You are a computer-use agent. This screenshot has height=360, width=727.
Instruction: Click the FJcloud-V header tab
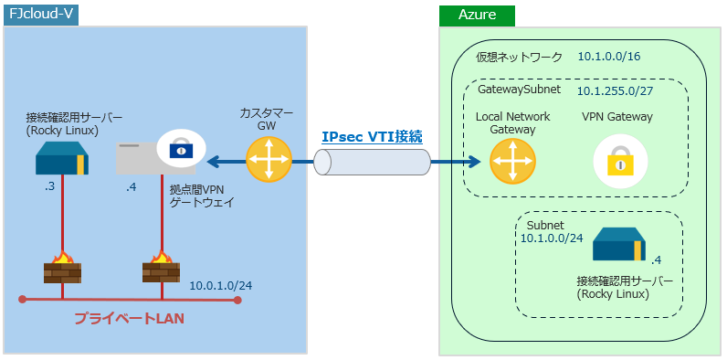40,16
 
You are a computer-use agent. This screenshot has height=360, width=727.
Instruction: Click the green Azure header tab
476,16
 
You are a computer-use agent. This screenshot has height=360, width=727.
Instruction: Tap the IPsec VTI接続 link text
372,137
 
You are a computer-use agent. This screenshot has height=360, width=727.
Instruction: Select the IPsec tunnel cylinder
372,162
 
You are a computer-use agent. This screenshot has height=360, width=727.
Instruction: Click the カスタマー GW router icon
266,161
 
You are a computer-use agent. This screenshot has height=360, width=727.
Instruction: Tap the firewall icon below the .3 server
61,270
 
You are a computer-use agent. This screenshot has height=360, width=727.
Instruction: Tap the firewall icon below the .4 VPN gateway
161,270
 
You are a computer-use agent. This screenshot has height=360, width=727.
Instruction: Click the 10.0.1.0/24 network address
221,285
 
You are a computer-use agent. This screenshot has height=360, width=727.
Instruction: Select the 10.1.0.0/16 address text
609,57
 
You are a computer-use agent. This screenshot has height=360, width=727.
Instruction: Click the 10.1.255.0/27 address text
615,91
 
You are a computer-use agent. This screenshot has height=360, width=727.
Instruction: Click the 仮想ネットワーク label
519,57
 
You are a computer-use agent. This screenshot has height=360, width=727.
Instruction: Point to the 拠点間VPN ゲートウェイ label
203,196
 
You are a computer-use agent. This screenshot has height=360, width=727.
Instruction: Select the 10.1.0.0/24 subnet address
551,238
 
